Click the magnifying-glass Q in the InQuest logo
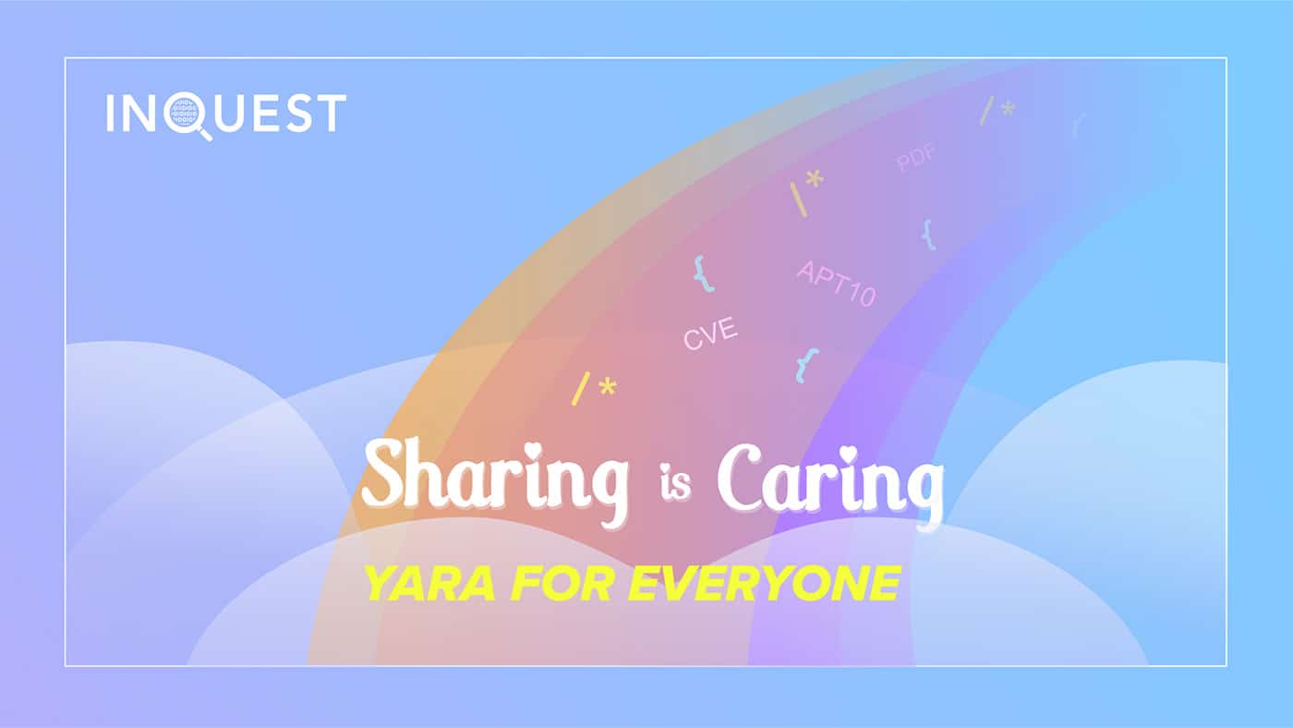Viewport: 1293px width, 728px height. [x=186, y=115]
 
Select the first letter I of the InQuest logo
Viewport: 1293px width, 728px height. [x=110, y=113]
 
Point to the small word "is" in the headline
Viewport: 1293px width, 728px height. [x=675, y=481]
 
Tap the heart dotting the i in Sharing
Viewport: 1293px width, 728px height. [x=531, y=450]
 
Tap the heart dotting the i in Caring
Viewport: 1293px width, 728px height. [x=848, y=455]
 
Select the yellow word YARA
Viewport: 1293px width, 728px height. [x=430, y=583]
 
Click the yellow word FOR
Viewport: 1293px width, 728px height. [x=562, y=583]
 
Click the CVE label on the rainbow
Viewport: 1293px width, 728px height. [x=710, y=334]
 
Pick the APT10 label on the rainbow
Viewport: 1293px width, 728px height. [x=836, y=283]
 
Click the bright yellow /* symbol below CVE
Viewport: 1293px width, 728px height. [x=594, y=388]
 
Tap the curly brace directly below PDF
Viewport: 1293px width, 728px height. [x=928, y=235]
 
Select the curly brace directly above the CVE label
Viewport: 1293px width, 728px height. [x=704, y=273]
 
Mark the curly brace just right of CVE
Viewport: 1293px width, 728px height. [x=807, y=366]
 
